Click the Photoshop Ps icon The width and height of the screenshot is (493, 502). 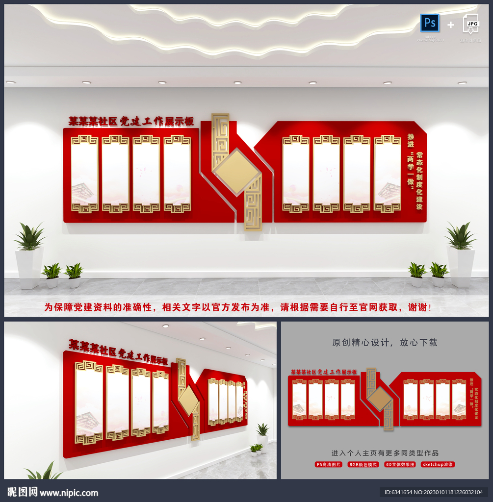430,23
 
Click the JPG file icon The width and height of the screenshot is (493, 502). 470,24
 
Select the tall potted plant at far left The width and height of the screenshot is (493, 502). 29,255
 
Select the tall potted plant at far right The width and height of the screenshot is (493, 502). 461,254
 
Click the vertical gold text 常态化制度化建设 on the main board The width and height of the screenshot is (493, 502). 419,180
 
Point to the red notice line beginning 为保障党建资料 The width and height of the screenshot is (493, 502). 238,307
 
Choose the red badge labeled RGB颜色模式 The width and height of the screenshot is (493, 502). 363,464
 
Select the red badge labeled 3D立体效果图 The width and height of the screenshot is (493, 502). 400,464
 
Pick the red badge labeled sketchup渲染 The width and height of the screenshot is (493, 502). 438,464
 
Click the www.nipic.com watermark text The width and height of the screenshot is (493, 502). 69,493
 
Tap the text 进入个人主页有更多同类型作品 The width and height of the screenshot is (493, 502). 385,453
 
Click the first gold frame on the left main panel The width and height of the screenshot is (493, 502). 84,174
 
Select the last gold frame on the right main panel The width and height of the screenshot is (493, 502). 388,174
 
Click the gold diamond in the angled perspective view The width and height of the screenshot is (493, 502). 188,401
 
